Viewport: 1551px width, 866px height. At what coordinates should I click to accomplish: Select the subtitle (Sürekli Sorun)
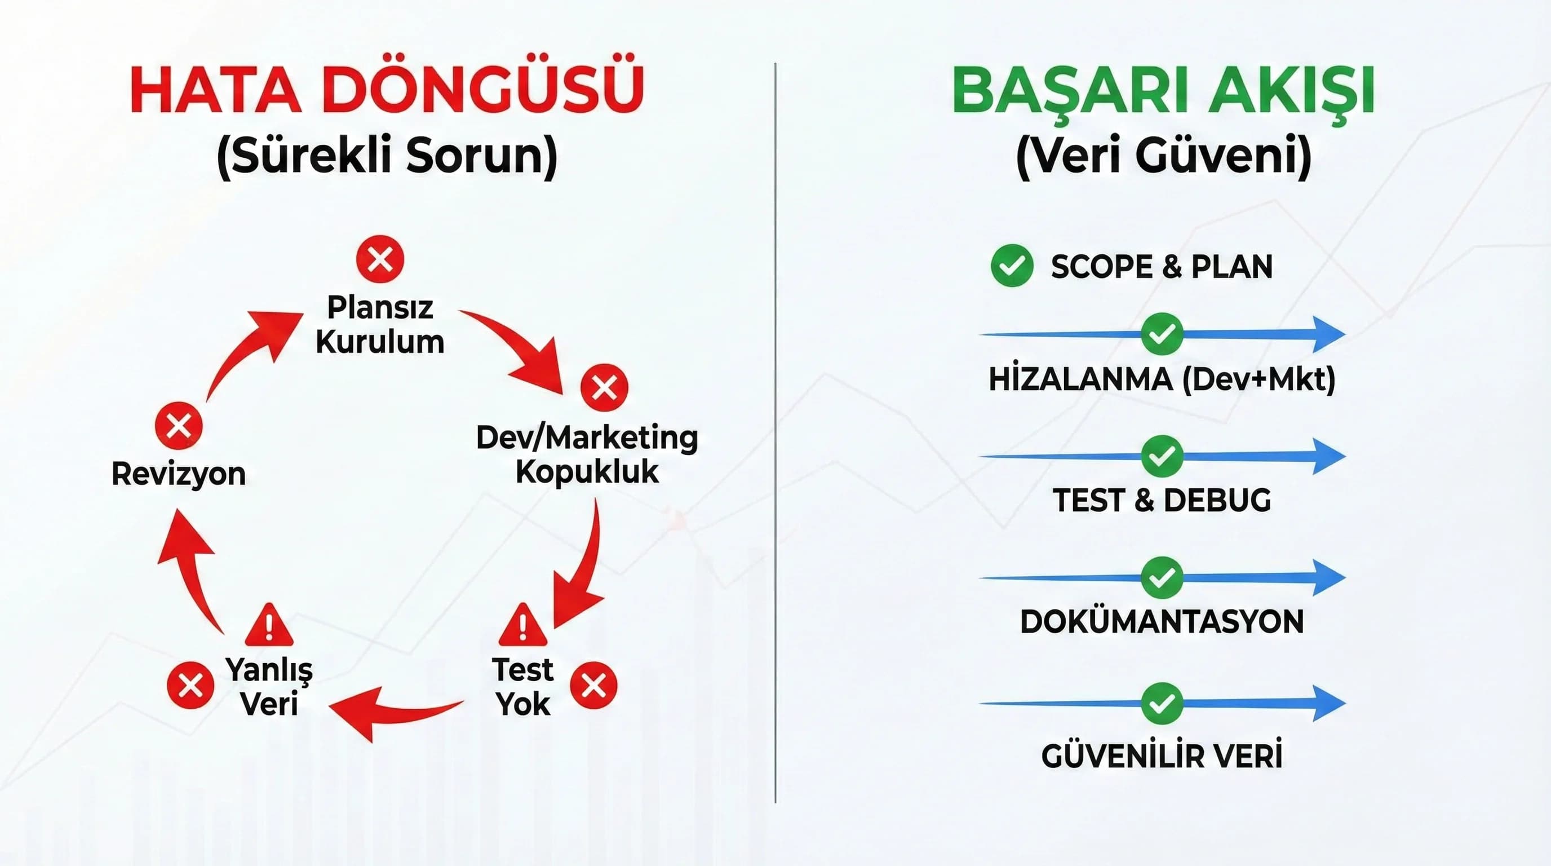387,156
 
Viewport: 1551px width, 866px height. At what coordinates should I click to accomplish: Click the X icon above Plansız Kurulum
380,259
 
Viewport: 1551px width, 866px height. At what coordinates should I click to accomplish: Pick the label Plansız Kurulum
380,325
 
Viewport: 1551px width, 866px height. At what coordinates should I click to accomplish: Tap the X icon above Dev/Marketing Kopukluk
604,387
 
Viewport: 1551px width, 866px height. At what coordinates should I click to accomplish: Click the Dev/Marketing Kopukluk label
587,454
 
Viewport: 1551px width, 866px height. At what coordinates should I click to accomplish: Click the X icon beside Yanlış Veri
190,686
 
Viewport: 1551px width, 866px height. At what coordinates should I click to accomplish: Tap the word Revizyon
179,474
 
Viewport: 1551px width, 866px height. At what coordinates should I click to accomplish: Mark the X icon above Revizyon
179,426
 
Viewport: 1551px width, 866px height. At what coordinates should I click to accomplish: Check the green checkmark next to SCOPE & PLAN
1012,266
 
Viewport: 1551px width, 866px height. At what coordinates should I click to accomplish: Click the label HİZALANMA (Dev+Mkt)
1162,379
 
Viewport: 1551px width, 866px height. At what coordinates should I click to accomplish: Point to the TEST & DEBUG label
1162,501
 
